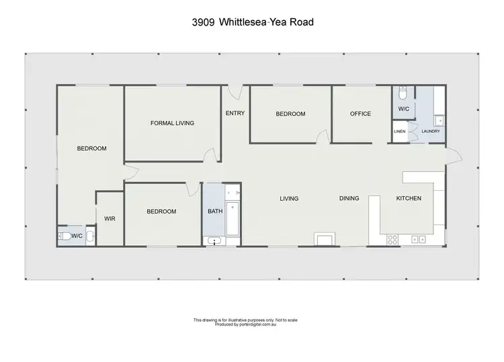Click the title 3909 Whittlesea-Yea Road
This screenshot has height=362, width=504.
click(x=251, y=22)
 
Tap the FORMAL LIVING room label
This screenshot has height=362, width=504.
click(x=172, y=123)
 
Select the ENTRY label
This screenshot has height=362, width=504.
click(x=235, y=113)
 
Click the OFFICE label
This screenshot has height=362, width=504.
click(x=361, y=114)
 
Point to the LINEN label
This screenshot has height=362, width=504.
click(x=400, y=131)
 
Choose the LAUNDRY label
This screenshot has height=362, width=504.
click(x=430, y=131)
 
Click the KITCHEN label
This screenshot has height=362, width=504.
click(x=409, y=198)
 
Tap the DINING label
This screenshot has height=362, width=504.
click(x=349, y=198)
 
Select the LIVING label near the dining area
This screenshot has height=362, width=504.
click(x=289, y=198)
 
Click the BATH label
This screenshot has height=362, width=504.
click(x=215, y=212)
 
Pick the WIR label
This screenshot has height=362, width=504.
click(x=110, y=218)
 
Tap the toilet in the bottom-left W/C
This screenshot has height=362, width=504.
click(x=65, y=235)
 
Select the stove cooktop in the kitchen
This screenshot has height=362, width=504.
click(x=392, y=239)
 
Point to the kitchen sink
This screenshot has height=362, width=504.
click(x=419, y=239)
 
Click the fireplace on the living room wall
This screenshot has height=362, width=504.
click(x=324, y=239)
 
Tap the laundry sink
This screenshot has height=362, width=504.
click(x=438, y=121)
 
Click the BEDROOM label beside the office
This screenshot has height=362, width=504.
click(x=290, y=114)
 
